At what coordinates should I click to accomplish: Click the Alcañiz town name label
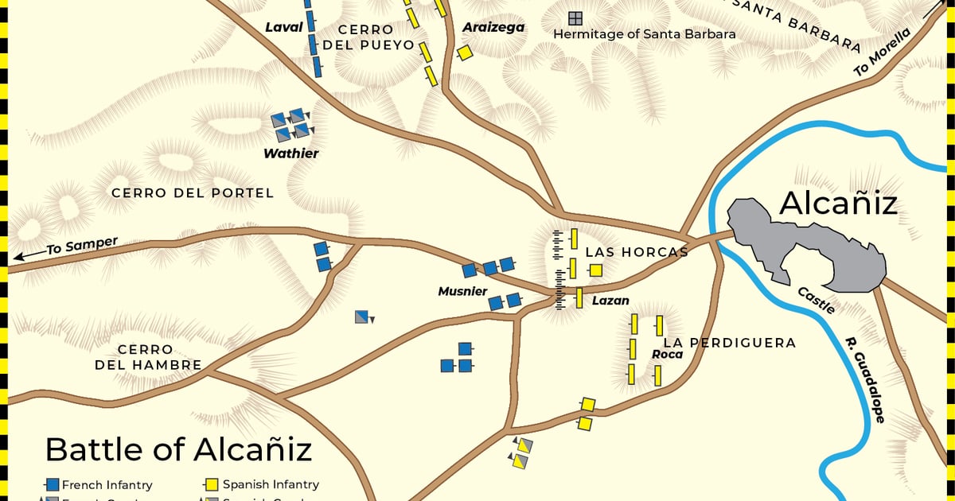point(838,204)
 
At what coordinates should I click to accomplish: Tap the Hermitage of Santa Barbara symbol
point(575,17)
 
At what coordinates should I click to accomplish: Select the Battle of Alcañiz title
point(178,449)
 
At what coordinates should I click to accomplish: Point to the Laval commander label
point(284,28)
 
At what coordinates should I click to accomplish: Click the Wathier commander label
point(291,153)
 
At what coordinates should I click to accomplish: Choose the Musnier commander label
point(462,292)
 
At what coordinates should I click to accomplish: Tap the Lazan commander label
point(610,301)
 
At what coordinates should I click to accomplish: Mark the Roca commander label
point(667,354)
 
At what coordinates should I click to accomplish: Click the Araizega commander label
point(493,28)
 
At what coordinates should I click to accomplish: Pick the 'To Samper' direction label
point(81,247)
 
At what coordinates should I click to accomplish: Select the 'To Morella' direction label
point(881,53)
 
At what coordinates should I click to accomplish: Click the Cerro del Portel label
point(192,193)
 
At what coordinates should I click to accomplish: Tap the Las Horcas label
point(637,252)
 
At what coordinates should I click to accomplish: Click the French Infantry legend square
point(53,484)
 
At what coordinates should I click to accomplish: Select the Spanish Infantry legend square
point(212,484)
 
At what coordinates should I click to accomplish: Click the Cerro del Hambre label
point(147,357)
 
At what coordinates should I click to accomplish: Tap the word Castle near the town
point(817,299)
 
